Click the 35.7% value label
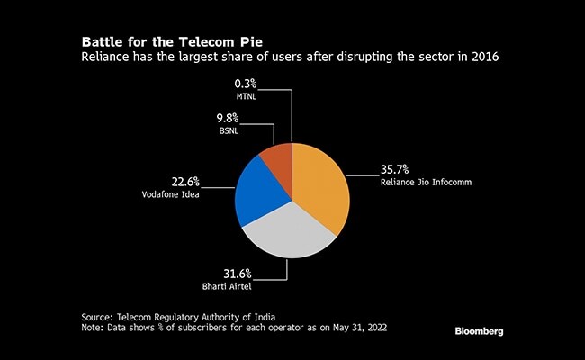[396, 168]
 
